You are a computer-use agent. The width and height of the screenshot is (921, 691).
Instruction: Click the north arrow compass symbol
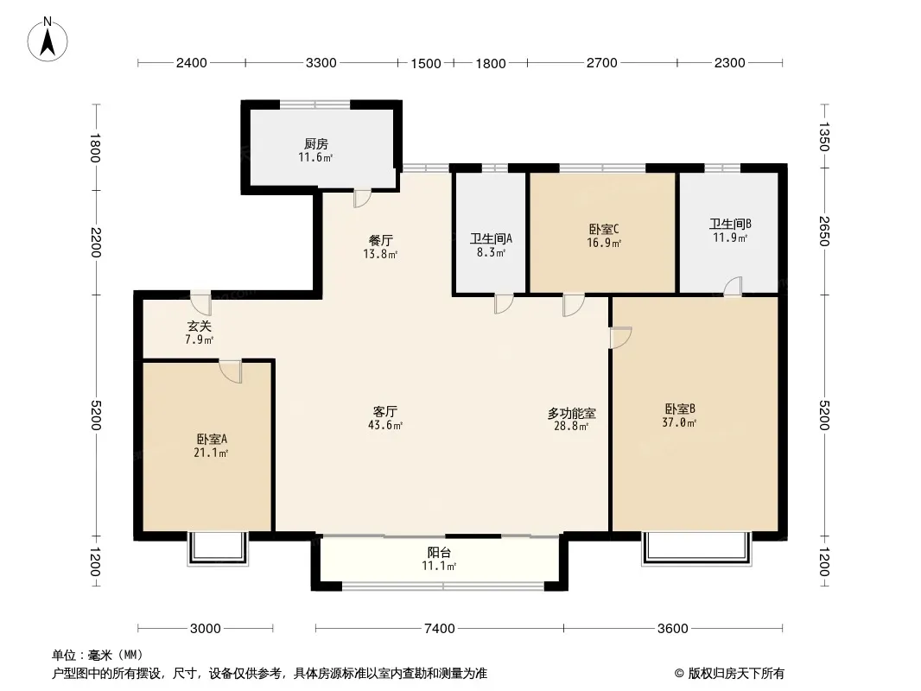point(48,39)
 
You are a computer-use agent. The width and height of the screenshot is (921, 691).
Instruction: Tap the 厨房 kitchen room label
point(316,144)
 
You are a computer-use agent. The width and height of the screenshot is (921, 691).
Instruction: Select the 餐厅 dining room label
point(381,240)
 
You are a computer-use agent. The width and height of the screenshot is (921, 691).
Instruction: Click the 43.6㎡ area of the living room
point(385,425)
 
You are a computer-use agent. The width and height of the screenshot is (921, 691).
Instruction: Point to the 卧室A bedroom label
point(212,439)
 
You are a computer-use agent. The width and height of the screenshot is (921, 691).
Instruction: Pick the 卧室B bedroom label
point(680,409)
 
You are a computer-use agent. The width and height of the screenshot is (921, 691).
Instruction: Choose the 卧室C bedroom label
point(604,229)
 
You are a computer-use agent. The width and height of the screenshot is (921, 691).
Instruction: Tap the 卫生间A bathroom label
point(491,238)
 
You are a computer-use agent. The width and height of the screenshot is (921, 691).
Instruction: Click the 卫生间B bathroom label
point(730,224)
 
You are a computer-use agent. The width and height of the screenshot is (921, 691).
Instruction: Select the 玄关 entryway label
point(199,326)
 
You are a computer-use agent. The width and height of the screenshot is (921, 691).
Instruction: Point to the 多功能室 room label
point(571,414)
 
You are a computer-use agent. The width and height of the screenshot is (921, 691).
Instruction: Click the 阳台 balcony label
point(439,552)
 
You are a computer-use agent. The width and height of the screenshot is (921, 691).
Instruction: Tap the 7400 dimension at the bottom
point(440,628)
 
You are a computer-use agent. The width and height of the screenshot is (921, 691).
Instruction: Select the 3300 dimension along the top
point(321,62)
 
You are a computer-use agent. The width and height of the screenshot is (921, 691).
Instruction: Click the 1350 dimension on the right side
point(825,136)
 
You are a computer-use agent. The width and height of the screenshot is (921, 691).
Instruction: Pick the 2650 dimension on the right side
point(825,231)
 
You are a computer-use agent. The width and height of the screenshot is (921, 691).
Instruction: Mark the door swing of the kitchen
point(362,199)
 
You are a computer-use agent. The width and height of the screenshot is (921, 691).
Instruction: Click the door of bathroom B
point(733,287)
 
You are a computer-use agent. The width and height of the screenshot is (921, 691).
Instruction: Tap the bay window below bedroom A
point(218,549)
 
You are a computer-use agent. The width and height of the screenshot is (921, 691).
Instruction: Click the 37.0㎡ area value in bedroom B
point(680,422)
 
